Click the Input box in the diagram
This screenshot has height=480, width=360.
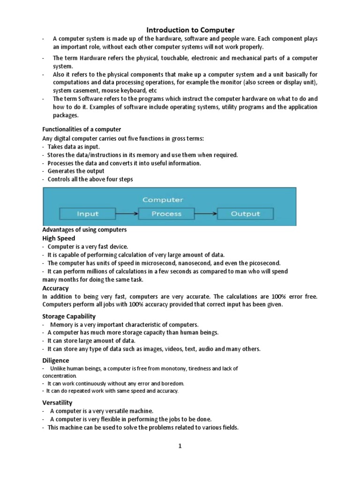[x=88, y=214]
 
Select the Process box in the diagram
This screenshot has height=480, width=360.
[x=166, y=214]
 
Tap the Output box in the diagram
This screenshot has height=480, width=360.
[x=245, y=214]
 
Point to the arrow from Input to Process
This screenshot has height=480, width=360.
[x=127, y=214]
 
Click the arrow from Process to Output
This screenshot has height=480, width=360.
[x=206, y=214]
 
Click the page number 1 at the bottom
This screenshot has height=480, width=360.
[x=179, y=446]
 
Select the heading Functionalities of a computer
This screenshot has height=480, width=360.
[x=82, y=129]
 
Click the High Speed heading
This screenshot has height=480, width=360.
[x=59, y=238]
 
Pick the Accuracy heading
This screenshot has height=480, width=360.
[x=56, y=288]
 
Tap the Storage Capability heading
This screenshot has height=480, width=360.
[x=69, y=316]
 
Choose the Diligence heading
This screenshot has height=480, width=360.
[x=56, y=360]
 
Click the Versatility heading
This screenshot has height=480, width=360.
[x=58, y=403]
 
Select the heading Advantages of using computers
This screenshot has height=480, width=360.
[x=85, y=230]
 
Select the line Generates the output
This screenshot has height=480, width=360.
[x=76, y=171]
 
